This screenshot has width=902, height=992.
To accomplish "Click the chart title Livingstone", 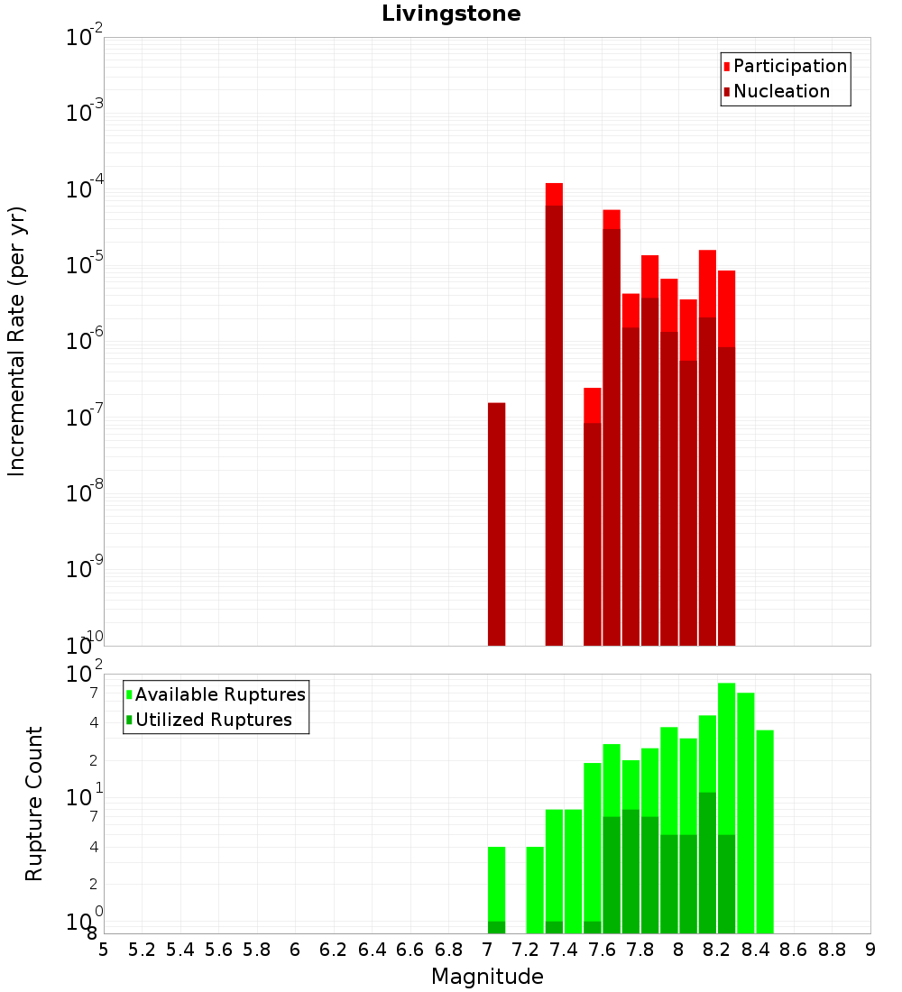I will [x=451, y=14].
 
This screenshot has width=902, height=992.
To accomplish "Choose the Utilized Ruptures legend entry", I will [x=213, y=720].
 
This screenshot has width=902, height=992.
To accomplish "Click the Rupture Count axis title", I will [x=34, y=803].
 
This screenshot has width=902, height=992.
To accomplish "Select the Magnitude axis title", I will [x=487, y=977].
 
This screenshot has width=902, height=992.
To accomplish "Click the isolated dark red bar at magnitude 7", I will [x=496, y=523].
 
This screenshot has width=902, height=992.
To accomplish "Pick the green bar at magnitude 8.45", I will [x=765, y=830].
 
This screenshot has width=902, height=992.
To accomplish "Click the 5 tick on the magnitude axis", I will [x=104, y=949].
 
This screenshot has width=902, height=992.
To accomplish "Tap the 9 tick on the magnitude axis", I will [x=870, y=949].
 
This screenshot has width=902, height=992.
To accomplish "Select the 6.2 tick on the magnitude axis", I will [x=334, y=949].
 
